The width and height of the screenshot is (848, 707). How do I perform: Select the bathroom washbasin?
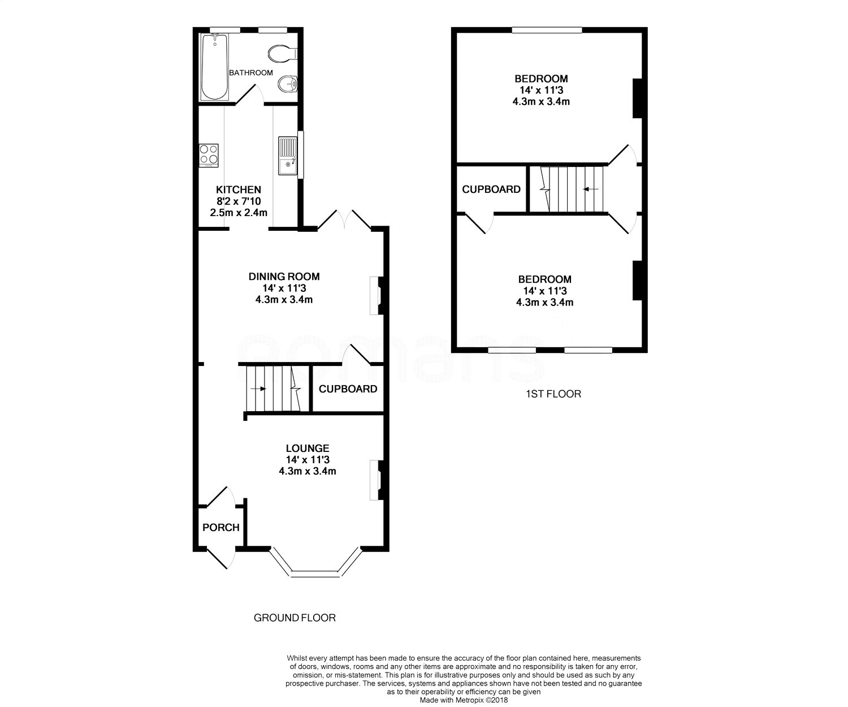(x=288, y=85)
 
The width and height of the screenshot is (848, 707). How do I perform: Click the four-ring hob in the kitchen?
(x=209, y=155)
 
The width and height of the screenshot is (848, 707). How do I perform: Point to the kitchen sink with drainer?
(x=288, y=156)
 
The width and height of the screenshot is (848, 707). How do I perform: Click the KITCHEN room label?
(x=239, y=189)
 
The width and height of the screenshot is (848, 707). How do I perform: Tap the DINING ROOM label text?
(x=284, y=277)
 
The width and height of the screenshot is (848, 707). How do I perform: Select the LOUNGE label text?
(x=308, y=448)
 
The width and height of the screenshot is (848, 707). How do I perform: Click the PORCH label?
(x=221, y=527)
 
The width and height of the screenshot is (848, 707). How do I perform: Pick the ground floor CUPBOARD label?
(x=348, y=389)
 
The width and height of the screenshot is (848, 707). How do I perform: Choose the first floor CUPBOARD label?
(x=491, y=189)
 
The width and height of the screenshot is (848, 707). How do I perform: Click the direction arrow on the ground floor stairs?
(x=258, y=389)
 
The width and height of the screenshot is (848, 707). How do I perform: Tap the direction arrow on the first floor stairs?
(x=591, y=189)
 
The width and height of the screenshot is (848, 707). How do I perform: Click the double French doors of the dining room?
(x=344, y=220)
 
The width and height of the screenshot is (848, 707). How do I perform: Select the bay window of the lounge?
(x=315, y=563)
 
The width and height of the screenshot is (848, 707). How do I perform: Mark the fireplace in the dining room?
(x=377, y=296)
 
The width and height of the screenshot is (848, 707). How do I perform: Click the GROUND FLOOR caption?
(x=295, y=618)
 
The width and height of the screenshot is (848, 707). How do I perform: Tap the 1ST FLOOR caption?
(x=553, y=394)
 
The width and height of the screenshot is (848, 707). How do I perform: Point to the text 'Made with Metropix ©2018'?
(x=464, y=700)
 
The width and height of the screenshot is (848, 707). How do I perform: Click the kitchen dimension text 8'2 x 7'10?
(x=239, y=201)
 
